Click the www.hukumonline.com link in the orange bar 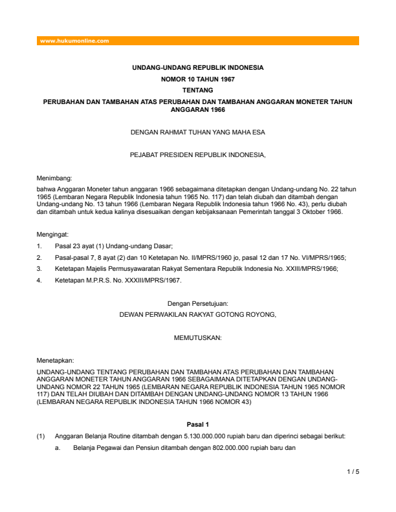74,41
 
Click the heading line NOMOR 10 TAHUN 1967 197,79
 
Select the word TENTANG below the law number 197,91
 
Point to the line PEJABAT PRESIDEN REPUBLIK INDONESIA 197,155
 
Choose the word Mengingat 53,234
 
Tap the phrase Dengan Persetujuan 197,303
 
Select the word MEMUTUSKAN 197,337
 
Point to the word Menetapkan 55,361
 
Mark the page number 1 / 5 353,471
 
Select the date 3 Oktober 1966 315,211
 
